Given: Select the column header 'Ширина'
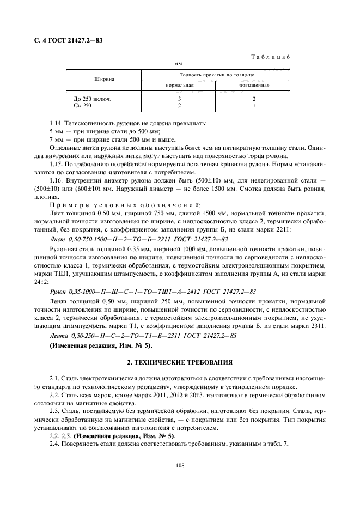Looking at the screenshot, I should coord(103,79).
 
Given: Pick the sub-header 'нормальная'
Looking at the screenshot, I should coord(179,85).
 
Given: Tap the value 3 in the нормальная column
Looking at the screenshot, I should coord(179,99).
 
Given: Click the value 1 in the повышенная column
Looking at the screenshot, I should coord(254,105).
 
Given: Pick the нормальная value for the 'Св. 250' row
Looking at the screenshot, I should coord(179,105).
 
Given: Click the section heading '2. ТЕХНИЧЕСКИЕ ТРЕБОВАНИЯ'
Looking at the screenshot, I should coord(180,362).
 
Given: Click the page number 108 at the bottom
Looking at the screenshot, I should coord(180,465).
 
